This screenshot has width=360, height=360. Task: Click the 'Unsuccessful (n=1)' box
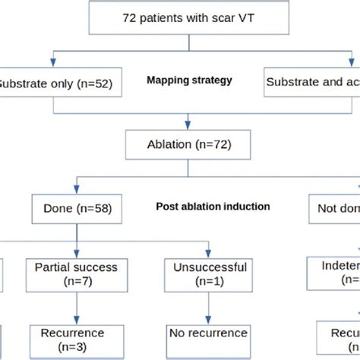point(207,275)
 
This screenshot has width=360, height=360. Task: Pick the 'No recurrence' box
point(207,333)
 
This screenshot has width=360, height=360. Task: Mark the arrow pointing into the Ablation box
point(179,122)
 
